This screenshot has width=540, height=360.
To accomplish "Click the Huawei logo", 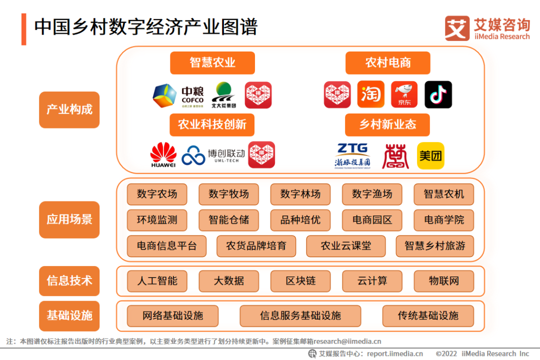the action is tap(163, 154).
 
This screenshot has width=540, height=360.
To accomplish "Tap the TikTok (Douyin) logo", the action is tap(438, 94).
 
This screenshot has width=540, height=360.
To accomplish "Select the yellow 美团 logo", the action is tap(430, 155).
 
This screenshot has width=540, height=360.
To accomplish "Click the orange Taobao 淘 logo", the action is tap(371, 94).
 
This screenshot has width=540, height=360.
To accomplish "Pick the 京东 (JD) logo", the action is tap(404, 94).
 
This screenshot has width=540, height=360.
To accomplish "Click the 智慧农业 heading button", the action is tap(212, 62).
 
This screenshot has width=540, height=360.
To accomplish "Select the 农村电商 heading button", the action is tap(388, 62).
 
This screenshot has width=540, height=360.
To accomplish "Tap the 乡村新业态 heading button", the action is tap(387, 124).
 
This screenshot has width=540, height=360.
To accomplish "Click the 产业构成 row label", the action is tap(69, 109).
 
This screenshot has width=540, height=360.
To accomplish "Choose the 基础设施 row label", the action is tap(69, 315).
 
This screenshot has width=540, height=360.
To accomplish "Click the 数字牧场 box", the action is tap(228, 194).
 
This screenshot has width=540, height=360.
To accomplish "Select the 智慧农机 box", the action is tap(443, 194).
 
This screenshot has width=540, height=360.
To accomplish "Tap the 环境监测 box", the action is tap(157, 220).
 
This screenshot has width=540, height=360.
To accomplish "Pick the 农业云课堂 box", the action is tap(346, 246).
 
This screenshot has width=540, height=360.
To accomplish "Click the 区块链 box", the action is tap(300, 281).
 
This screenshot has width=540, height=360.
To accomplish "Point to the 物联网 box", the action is tap(443, 281).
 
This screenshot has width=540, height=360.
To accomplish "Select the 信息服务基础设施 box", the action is tap(300, 316).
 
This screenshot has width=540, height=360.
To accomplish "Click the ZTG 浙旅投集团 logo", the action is tap(352, 155).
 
